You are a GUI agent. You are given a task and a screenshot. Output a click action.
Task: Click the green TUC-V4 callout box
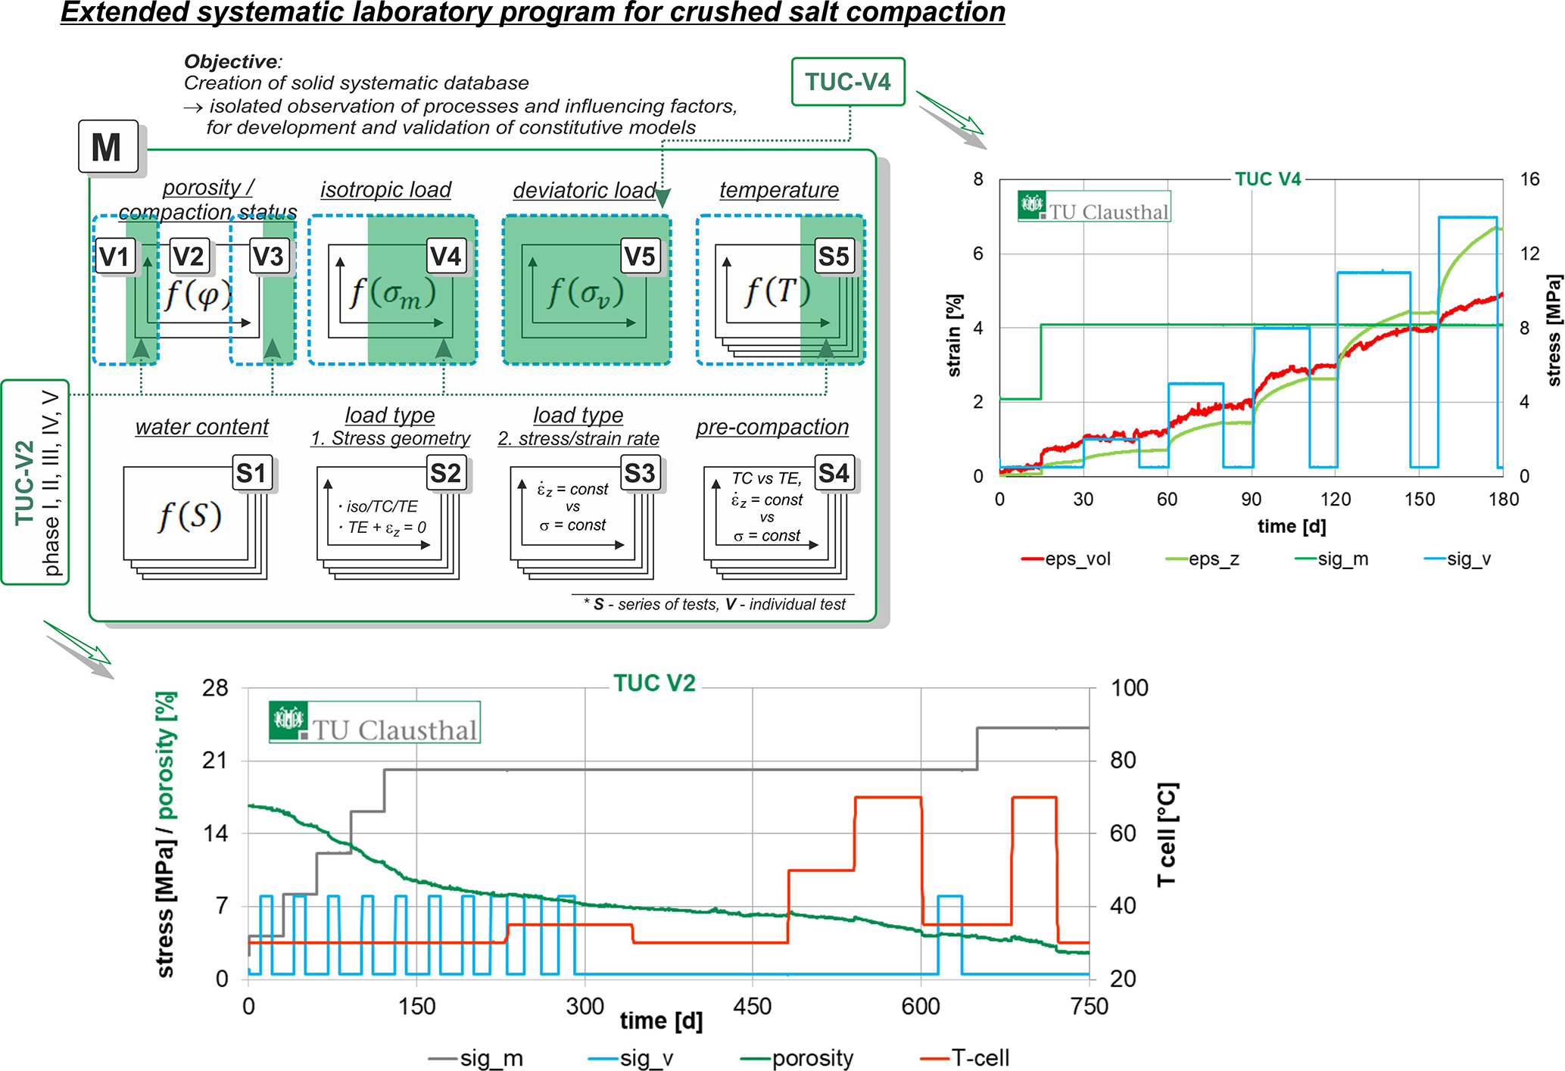[847, 82]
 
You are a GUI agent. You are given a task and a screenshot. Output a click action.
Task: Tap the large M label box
[108, 147]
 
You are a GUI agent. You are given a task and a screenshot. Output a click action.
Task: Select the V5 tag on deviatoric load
[639, 257]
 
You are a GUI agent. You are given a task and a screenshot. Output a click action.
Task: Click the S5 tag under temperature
[833, 257]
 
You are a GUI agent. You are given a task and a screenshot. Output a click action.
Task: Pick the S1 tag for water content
[251, 473]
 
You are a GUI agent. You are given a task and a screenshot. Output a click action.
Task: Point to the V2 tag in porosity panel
[188, 257]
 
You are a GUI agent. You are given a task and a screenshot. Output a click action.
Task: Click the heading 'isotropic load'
[385, 189]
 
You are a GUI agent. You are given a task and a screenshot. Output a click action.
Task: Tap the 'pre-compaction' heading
[772, 427]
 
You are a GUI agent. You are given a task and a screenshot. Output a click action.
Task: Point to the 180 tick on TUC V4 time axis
[1503, 500]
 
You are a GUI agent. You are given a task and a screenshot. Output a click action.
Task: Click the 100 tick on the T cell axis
[1129, 688]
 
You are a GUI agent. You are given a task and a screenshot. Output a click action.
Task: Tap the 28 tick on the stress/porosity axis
[215, 688]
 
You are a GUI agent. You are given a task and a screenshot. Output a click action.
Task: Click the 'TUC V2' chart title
[654, 683]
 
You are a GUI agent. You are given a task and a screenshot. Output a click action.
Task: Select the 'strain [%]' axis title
[955, 335]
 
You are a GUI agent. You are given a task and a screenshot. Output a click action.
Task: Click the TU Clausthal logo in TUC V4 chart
[1094, 206]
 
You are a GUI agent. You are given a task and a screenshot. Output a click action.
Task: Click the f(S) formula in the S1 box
[189, 516]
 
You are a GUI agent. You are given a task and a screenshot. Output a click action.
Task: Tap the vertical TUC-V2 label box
[36, 482]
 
